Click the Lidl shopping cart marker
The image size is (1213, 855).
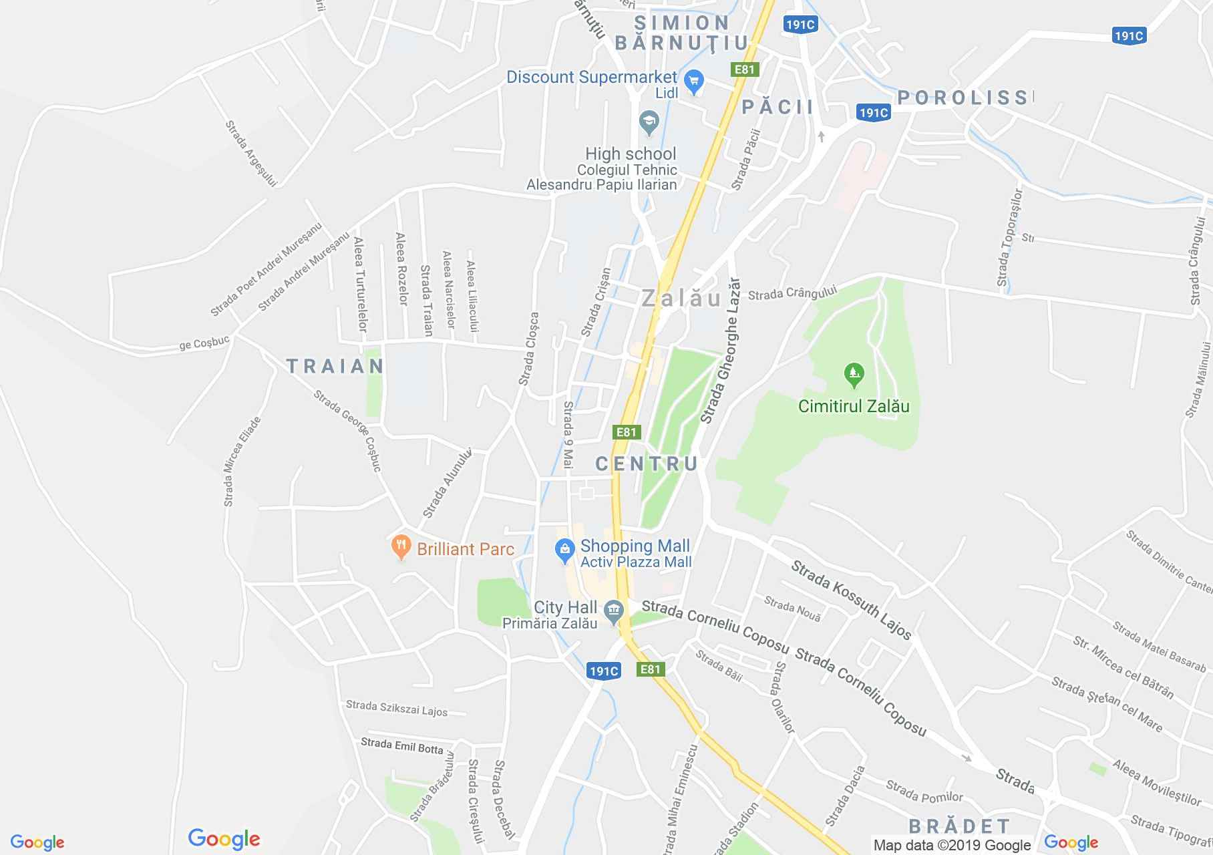click(695, 83)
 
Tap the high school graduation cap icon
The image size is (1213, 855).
click(649, 122)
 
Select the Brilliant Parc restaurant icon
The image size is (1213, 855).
click(401, 548)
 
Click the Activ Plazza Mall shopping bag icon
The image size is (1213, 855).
click(565, 551)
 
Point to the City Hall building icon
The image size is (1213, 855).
click(613, 611)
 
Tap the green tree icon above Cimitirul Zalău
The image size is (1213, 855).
click(854, 375)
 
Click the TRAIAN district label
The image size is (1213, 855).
click(335, 366)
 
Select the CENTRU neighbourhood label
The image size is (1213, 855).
click(647, 464)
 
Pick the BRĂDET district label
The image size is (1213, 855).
click(959, 826)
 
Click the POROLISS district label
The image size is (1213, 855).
click(964, 98)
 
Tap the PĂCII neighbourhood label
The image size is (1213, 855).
click(777, 107)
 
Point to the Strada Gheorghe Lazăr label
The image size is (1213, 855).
click(721, 351)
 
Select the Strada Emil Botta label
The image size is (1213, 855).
click(402, 745)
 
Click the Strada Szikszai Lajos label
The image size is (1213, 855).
click(397, 708)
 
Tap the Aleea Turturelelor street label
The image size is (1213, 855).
click(360, 285)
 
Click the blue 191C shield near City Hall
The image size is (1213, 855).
click(604, 671)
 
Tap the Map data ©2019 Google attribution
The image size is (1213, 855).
click(952, 845)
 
